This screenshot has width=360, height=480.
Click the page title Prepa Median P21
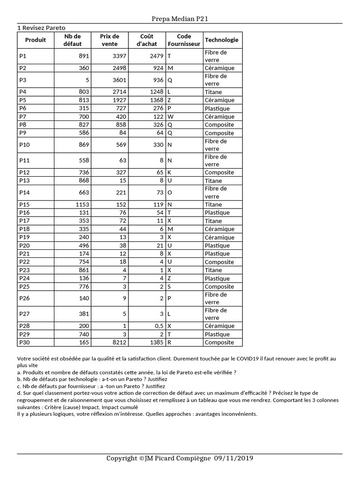pos(180,19)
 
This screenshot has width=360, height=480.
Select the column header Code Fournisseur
pos(184,40)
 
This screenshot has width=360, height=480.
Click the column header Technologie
pos(222,40)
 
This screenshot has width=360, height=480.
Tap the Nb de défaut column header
pos(72,40)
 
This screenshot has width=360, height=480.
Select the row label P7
pos(22,116)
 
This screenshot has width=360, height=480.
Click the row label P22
pos(24,262)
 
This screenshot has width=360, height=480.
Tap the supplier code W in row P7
pos(170,116)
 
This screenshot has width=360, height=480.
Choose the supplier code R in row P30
pos(169,342)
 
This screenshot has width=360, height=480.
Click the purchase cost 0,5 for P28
pos(159,326)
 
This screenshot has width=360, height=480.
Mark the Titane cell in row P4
pos(213,92)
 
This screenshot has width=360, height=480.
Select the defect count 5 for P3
pos(87,80)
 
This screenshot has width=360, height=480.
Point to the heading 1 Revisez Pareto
pos(41,28)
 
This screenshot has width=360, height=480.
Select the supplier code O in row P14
pos(170,192)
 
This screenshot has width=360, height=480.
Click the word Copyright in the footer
pos(122,458)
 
